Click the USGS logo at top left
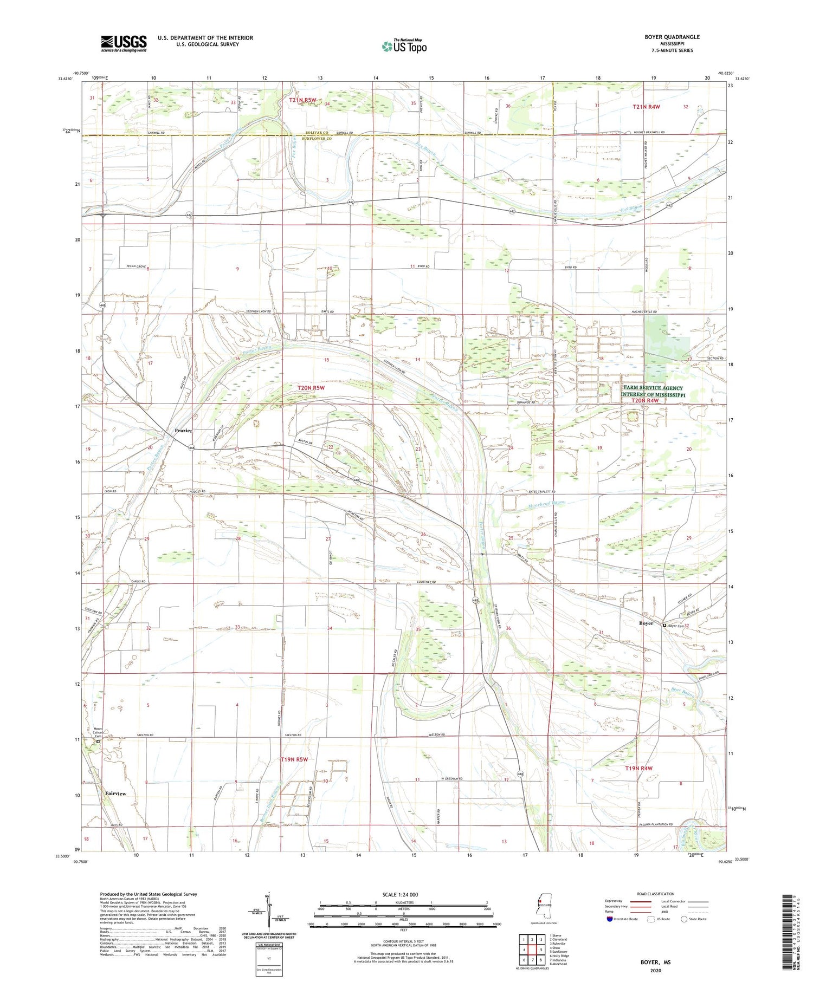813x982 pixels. pyautogui.click(x=124, y=43)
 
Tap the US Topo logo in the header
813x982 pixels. pyautogui.click(x=404, y=47)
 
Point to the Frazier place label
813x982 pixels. pyautogui.click(x=183, y=431)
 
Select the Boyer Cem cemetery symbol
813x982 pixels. pyautogui.click(x=664, y=625)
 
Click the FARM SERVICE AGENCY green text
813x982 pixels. pyautogui.click(x=653, y=388)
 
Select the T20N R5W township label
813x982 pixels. pyautogui.click(x=311, y=388)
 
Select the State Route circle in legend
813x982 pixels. pyautogui.click(x=684, y=919)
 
